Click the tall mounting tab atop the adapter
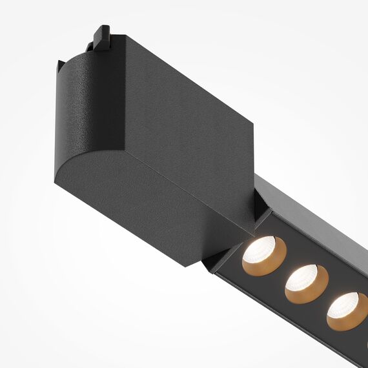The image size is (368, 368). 102,37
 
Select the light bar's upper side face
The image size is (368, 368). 310,220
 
